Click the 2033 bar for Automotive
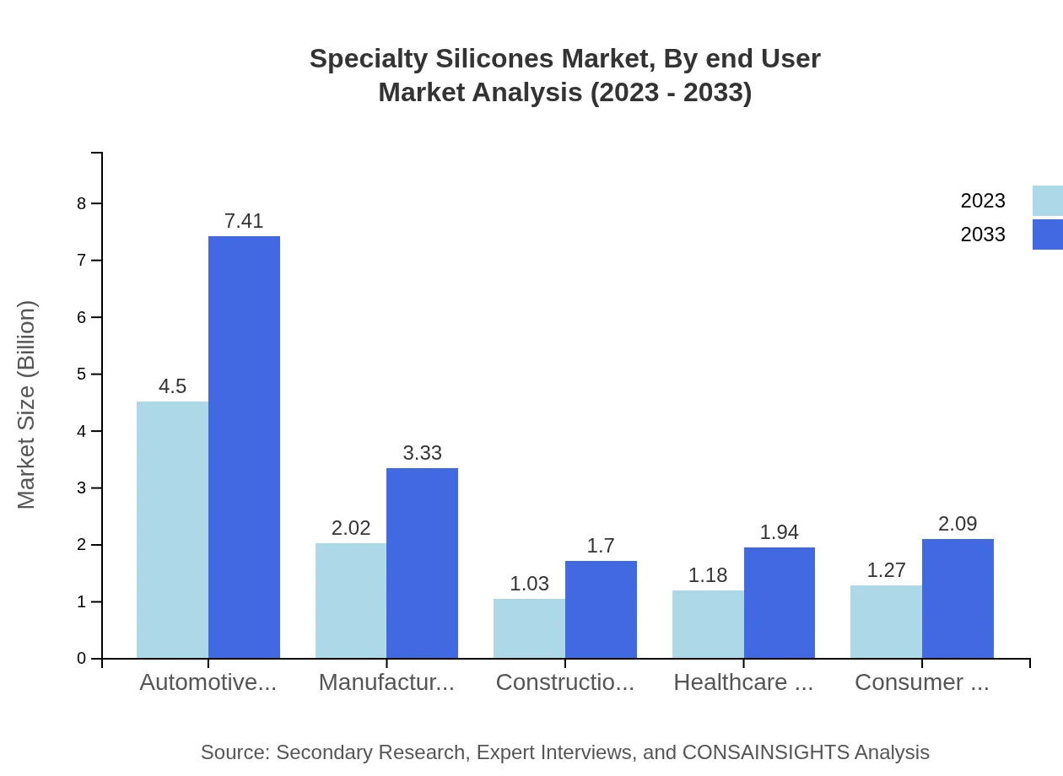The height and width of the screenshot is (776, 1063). coord(244,447)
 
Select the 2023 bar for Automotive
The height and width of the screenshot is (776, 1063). coord(172,530)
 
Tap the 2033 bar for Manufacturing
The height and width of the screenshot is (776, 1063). coord(422,563)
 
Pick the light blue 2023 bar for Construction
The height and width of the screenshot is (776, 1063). coord(529,628)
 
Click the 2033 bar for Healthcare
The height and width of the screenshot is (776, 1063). coord(780,602)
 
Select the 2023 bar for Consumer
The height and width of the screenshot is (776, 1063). coord(886,622)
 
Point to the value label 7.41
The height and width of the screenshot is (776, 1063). coord(244,221)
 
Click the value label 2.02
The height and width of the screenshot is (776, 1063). coord(351,528)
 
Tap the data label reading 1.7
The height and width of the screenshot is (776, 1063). coord(601,546)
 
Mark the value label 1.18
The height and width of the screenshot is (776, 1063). coord(708,575)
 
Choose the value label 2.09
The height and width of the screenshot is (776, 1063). coord(958,524)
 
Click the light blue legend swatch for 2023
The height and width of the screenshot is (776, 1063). coord(1047,201)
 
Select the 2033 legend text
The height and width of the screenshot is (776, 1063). coord(983,234)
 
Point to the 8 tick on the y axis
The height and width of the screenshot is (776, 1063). coord(82,203)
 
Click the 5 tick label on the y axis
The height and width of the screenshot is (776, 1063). coord(82,374)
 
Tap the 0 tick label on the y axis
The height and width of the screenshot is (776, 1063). coord(82,659)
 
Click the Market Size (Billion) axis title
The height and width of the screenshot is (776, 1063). coord(27,405)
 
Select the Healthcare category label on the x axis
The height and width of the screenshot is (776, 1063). coord(743,682)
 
